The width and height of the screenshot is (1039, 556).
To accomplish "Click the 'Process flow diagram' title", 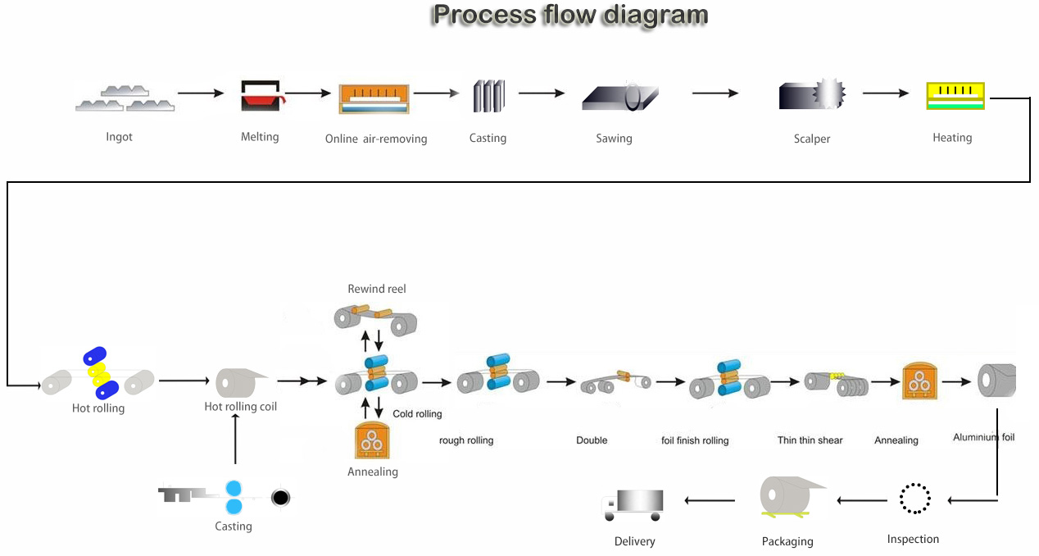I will click(x=570, y=15).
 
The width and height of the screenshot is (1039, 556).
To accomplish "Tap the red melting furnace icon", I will click(x=261, y=96).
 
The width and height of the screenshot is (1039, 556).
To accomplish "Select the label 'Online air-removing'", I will click(x=376, y=139).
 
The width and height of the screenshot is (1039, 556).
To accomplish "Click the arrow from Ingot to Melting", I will click(x=201, y=93).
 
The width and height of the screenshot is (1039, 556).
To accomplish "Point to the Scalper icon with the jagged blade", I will click(x=812, y=95).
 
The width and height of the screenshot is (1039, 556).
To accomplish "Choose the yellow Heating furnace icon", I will click(x=955, y=96).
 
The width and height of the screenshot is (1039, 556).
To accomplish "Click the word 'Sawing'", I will click(x=614, y=139).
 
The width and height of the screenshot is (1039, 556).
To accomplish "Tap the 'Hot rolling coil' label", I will click(x=241, y=407).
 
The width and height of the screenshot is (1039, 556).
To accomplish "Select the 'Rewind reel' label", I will click(x=377, y=289).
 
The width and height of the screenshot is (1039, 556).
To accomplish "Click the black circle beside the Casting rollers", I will click(x=281, y=497).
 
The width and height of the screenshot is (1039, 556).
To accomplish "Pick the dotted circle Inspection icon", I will click(x=914, y=498).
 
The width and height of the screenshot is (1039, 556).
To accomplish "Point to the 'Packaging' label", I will click(x=787, y=541).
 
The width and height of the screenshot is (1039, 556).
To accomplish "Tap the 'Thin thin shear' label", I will click(x=810, y=440).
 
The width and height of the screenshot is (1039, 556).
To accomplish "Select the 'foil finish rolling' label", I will click(x=695, y=440).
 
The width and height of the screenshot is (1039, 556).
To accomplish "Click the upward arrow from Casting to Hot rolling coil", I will click(x=235, y=439).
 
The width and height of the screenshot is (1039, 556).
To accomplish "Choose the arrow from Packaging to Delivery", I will click(x=710, y=499).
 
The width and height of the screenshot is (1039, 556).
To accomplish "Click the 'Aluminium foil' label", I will click(x=983, y=437).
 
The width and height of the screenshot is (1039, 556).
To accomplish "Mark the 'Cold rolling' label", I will click(x=417, y=414).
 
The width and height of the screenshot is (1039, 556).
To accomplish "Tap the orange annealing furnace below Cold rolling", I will click(x=373, y=440).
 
